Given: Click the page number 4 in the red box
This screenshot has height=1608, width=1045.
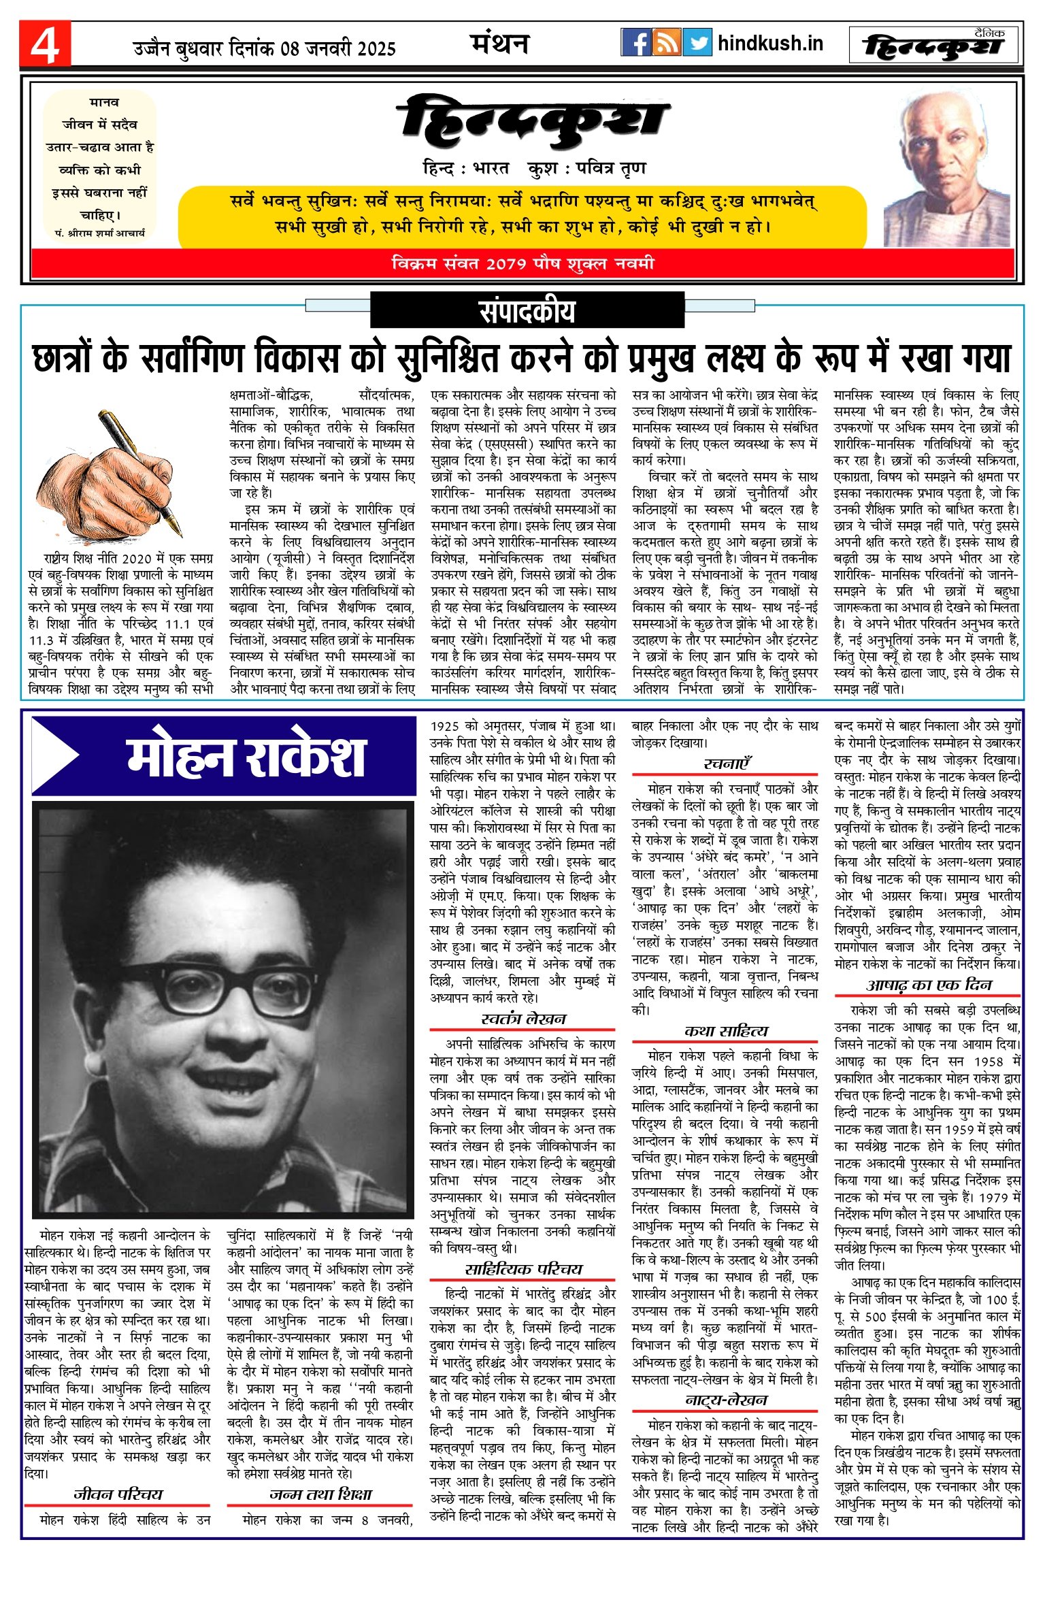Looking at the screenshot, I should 45,45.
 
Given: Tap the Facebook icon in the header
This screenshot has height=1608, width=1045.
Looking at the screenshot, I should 635,43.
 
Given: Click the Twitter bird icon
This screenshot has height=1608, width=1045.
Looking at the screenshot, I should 697,43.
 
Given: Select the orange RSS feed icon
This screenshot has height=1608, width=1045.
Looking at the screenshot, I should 666,43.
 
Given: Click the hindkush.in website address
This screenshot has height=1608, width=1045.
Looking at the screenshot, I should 770,44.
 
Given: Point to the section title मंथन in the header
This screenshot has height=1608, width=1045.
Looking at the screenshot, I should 499,44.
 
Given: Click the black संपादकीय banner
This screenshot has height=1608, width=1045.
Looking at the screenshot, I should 527,310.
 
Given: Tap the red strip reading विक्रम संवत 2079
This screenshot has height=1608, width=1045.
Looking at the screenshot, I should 522,263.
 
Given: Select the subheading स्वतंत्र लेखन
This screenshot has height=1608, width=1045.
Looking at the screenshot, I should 522,1019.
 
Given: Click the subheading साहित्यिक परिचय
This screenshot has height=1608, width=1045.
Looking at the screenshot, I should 522,1269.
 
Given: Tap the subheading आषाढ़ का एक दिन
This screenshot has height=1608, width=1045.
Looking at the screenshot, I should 928,985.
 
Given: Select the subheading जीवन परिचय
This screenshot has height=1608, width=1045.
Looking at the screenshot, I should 118,1494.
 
